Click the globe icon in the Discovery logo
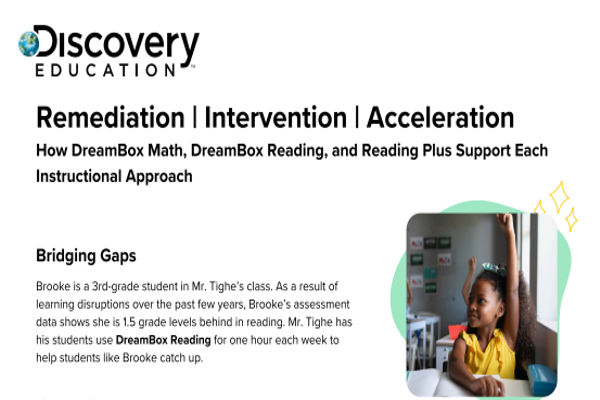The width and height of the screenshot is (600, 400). tap(30, 43)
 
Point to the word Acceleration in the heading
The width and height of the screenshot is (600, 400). tap(440, 118)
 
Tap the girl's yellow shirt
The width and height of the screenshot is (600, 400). tap(491, 355)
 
